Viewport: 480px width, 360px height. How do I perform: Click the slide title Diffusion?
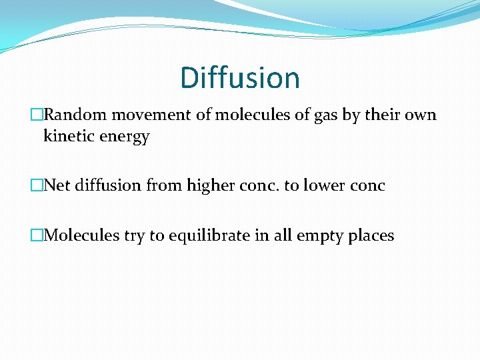click(x=240, y=78)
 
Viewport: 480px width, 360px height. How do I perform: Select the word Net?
click(x=57, y=185)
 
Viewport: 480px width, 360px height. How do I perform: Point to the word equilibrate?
click(x=212, y=236)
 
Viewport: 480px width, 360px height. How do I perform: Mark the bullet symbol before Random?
click(x=37, y=115)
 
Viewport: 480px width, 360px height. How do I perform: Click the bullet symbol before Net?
click(x=37, y=185)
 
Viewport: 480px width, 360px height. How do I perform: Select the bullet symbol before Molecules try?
click(x=37, y=235)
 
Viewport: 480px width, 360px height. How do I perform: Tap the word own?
click(x=420, y=115)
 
